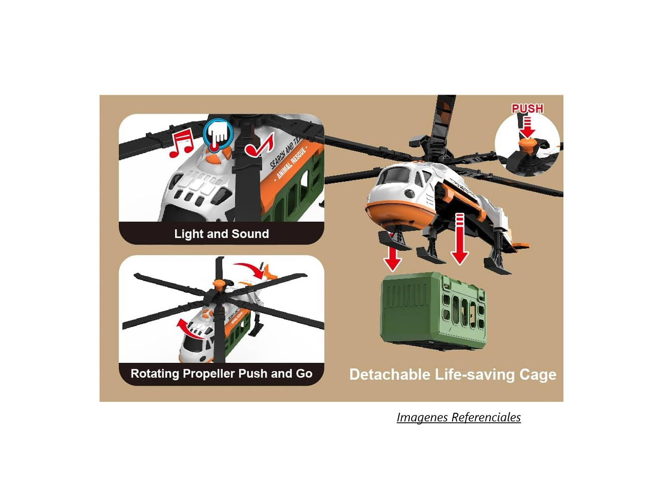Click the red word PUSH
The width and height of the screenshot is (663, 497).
pos(527,108)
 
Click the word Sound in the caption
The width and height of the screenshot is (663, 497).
pos(250,234)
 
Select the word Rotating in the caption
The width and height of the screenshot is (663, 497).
pos(154,373)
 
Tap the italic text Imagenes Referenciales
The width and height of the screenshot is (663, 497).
pos(459,417)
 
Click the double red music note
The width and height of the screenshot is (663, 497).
pos(181,142)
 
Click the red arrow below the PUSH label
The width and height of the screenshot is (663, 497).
pos(527,127)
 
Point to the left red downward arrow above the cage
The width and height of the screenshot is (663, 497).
pos(392,259)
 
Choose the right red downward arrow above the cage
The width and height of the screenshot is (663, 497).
pos(460,240)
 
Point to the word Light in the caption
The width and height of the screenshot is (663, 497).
pos(188,234)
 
